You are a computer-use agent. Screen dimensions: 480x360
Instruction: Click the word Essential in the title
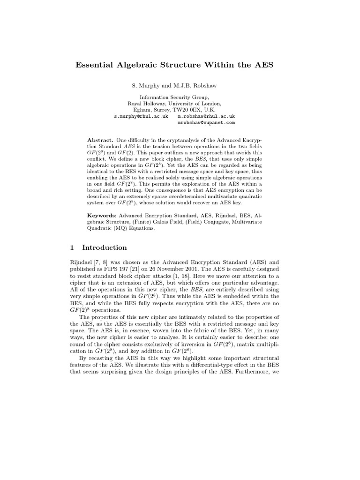pyautogui.click(x=95, y=65)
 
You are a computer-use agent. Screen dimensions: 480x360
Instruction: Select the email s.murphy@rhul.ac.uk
pyautogui.click(x=141, y=116)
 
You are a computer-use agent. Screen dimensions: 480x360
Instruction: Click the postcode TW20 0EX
pyautogui.click(x=187, y=110)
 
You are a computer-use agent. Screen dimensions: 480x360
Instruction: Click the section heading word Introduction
pyautogui.click(x=104, y=247)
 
